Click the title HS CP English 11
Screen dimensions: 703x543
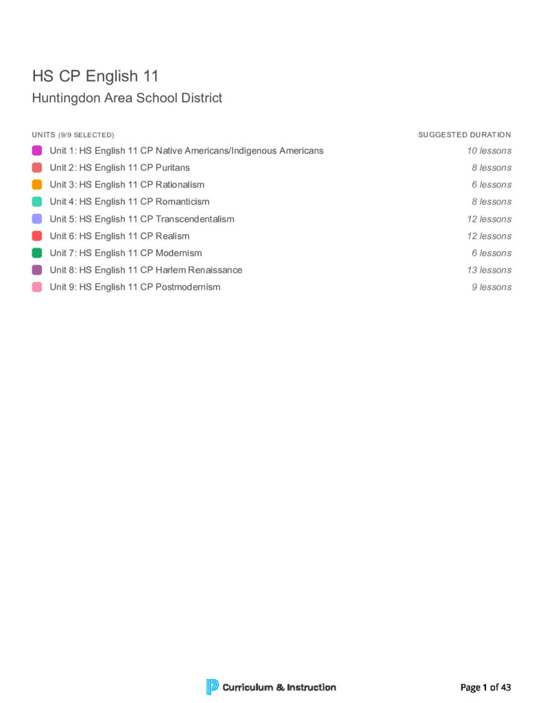pos(95,76)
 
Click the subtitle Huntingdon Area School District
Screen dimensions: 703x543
pos(127,98)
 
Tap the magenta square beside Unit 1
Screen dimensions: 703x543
pos(37,150)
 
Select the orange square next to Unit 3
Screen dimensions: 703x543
pos(37,185)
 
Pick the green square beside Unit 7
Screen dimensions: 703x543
pos(37,253)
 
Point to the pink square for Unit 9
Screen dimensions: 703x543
pos(37,287)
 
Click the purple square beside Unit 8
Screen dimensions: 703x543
pos(37,270)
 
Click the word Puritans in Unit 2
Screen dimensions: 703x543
pos(173,168)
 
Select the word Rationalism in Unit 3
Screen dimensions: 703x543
pos(180,185)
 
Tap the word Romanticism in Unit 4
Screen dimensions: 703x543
pos(183,202)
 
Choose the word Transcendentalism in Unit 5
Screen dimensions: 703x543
pos(195,219)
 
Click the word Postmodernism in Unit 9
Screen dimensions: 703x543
pos(188,287)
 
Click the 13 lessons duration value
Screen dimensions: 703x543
pos(489,270)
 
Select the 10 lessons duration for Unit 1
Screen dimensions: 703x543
pos(489,150)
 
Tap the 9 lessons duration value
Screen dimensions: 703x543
pos(491,287)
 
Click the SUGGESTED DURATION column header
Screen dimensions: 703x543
pos(464,135)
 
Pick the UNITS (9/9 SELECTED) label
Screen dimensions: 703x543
pos(73,135)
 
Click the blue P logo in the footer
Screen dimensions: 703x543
pos(212,687)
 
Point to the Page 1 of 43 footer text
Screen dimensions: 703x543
pos(485,687)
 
